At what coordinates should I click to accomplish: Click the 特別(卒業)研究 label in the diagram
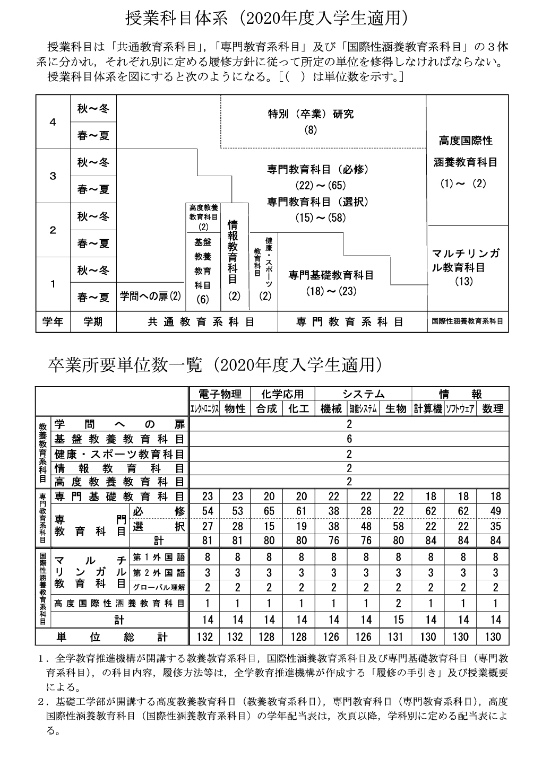(x=311, y=114)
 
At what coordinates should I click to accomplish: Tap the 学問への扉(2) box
(x=150, y=296)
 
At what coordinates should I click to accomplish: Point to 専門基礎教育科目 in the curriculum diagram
(x=331, y=275)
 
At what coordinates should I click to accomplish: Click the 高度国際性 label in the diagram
(x=466, y=141)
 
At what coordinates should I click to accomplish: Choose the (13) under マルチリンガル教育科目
(x=464, y=282)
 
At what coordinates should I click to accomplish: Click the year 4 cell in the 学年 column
(x=53, y=122)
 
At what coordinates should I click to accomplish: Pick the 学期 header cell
(x=93, y=321)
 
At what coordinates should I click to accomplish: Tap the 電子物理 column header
(x=220, y=394)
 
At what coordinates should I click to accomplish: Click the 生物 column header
(x=396, y=408)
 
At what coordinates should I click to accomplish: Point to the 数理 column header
(x=493, y=408)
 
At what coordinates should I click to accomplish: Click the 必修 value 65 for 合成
(x=269, y=511)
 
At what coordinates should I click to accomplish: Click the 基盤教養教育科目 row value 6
(x=349, y=439)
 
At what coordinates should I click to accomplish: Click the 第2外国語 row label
(x=159, y=573)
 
